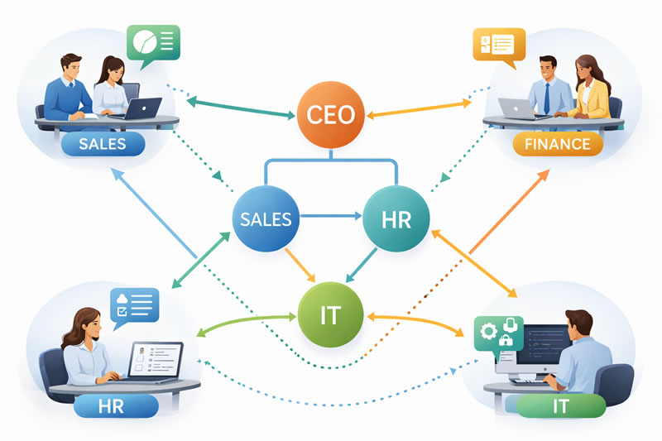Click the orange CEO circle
(329, 114)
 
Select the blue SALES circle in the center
(265, 219)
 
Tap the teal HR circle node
(396, 219)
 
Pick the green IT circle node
(329, 314)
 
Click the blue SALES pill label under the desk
(103, 144)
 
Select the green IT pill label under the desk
(560, 405)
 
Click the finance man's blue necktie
(547, 98)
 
